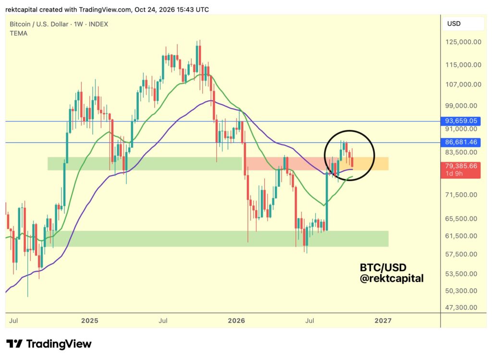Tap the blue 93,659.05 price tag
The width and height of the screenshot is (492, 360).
[x=461, y=121]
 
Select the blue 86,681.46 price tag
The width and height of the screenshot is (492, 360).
[x=461, y=143]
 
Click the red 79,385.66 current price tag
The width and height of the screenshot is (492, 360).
[x=461, y=166]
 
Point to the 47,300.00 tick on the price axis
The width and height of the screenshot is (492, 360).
[x=461, y=308]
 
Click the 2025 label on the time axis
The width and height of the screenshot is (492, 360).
[x=90, y=321]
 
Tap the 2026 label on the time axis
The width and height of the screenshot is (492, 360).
[x=236, y=321]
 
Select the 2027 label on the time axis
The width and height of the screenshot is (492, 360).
[x=383, y=321]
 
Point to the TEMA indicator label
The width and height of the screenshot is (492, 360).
[x=19, y=33]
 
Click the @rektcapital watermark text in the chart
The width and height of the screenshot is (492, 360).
[x=392, y=278]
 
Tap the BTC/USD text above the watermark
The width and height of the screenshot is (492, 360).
[x=383, y=267]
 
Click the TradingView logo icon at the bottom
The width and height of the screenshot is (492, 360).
[x=14, y=344]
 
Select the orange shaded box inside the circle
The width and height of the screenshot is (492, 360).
[x=370, y=164]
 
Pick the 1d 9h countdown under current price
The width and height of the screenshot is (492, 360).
[x=454, y=174]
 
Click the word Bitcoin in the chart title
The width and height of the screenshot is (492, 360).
[x=20, y=24]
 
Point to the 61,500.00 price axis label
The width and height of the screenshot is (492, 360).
[x=461, y=236]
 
